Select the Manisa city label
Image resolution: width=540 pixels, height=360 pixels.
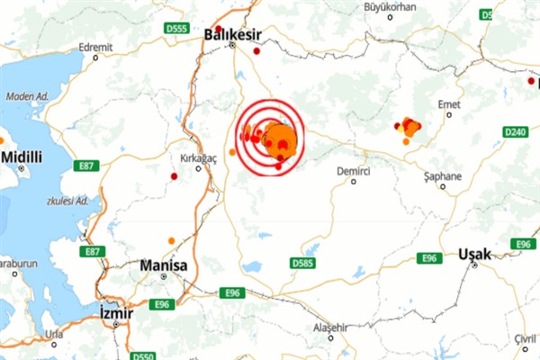point(163,266)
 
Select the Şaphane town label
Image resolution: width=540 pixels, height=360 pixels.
point(442,176)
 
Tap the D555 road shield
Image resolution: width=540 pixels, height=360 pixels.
point(176,29)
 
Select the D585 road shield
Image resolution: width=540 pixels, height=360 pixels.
point(304,263)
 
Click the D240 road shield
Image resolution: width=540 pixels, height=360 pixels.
point(516,132)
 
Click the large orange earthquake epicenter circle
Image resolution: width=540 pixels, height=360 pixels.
point(281,138)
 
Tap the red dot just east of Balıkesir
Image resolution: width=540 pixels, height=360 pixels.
point(256,51)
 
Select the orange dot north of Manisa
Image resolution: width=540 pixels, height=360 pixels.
point(171,240)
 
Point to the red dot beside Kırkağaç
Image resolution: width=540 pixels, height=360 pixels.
point(173,176)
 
